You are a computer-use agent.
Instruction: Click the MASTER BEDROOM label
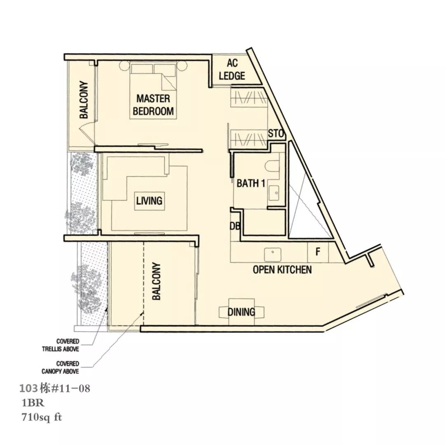153,105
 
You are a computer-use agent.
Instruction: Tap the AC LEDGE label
232,70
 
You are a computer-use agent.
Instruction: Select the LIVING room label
149,201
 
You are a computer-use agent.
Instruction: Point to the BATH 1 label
251,183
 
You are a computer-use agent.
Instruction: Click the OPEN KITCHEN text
282,269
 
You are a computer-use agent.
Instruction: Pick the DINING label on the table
241,312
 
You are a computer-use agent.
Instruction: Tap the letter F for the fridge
318,251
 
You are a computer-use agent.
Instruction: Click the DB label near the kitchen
235,226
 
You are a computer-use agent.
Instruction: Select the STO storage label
276,133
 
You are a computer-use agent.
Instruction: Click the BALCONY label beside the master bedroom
84,100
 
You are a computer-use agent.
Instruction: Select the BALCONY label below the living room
157,281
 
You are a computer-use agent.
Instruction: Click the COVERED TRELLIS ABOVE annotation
61,345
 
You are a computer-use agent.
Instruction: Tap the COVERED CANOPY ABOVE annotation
60,367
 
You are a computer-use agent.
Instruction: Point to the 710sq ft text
42,417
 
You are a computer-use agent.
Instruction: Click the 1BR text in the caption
33,403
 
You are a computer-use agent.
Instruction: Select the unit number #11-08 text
70,388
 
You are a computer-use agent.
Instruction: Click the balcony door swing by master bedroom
87,129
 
